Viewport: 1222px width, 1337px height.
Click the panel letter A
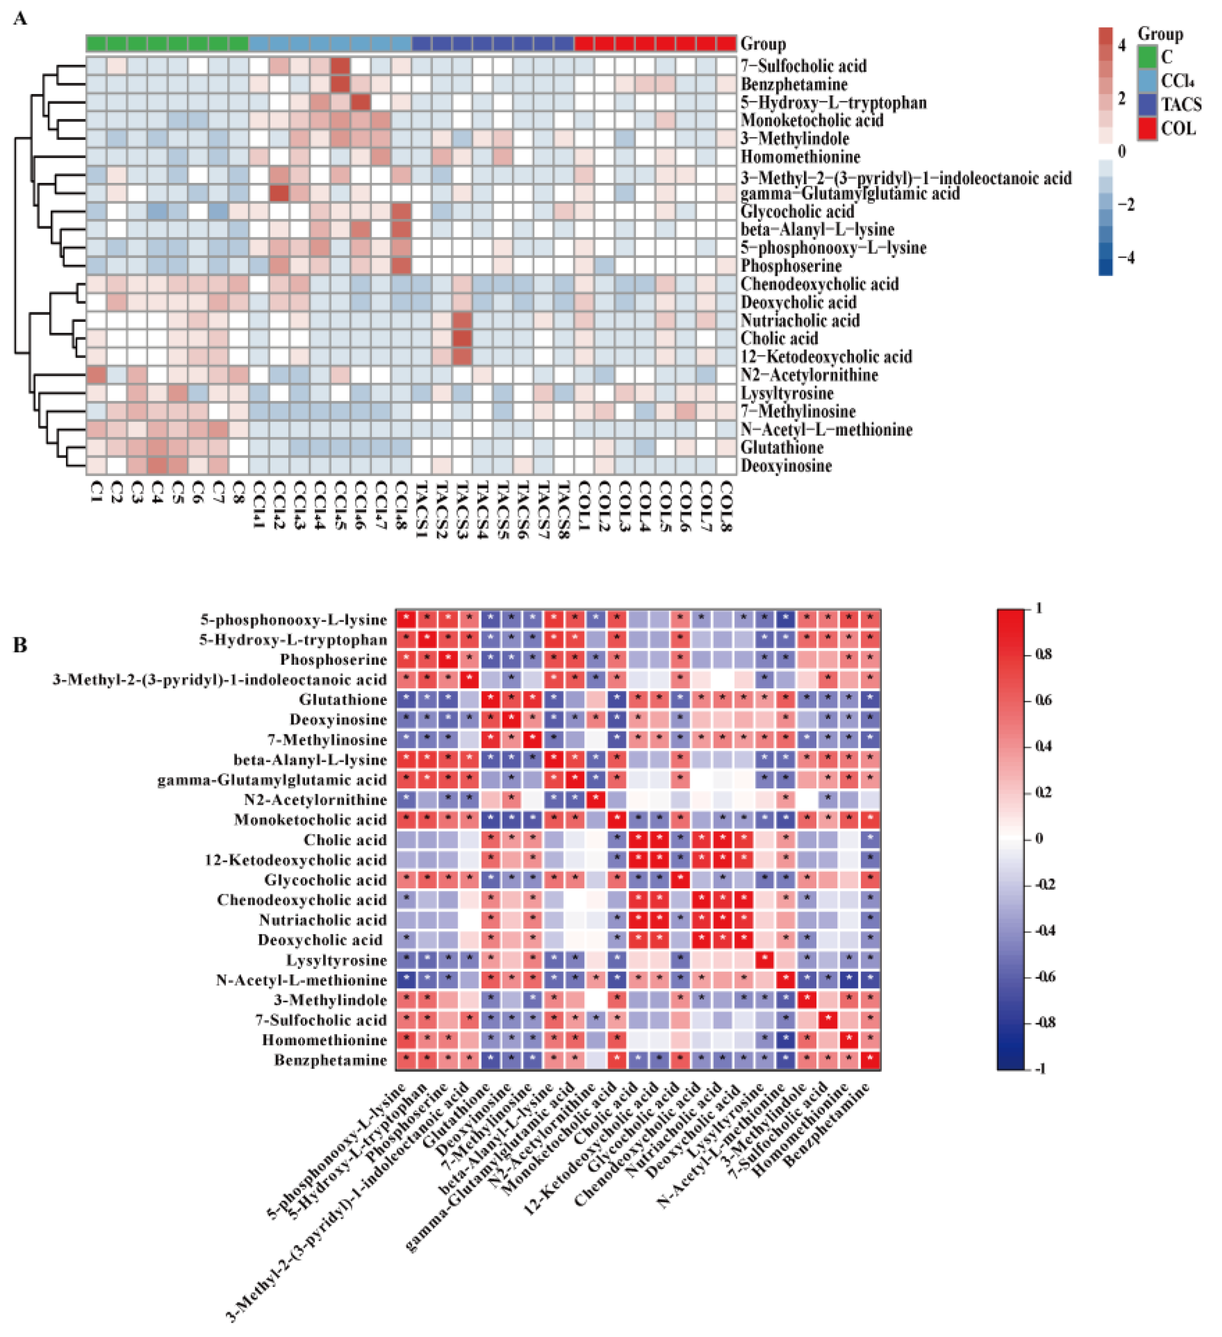[x=20, y=19]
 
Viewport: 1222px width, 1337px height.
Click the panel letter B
[x=20, y=645]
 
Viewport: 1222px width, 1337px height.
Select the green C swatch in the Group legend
[x=1147, y=56]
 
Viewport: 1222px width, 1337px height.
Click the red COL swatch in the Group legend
[x=1147, y=128]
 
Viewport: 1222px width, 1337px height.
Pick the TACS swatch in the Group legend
[x=1147, y=104]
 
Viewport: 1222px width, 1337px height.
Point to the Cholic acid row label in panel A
[x=779, y=338]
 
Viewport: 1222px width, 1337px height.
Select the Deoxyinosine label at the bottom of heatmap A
[x=786, y=466]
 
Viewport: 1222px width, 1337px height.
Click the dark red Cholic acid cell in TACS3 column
[x=462, y=338]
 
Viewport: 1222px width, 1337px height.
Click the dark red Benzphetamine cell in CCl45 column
[x=340, y=84]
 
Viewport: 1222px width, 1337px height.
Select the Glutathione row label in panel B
[x=343, y=700]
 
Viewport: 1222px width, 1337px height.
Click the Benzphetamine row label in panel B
[x=330, y=1060]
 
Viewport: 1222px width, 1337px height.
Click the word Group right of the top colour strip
[x=763, y=44]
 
